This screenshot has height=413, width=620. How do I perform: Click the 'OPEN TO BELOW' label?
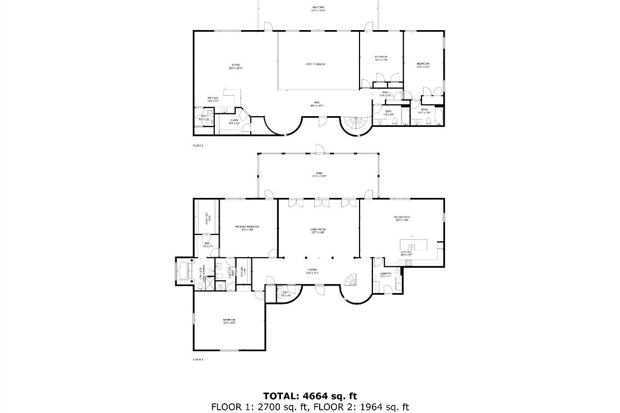(x=315, y=64)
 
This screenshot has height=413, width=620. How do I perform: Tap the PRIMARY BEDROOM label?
(x=247, y=228)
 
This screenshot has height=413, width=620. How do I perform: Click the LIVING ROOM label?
(x=318, y=231)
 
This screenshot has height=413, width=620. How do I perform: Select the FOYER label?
(x=312, y=271)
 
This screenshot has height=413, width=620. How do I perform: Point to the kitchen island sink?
(x=412, y=247)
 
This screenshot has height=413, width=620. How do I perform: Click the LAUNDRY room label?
(x=386, y=275)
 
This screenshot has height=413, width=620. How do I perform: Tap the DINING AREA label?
(x=401, y=218)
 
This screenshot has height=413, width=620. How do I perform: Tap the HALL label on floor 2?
(x=318, y=103)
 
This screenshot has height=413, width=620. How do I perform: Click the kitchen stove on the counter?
(x=407, y=263)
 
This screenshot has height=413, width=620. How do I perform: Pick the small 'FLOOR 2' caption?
(x=198, y=145)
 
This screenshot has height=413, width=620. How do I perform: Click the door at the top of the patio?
(x=318, y=148)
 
